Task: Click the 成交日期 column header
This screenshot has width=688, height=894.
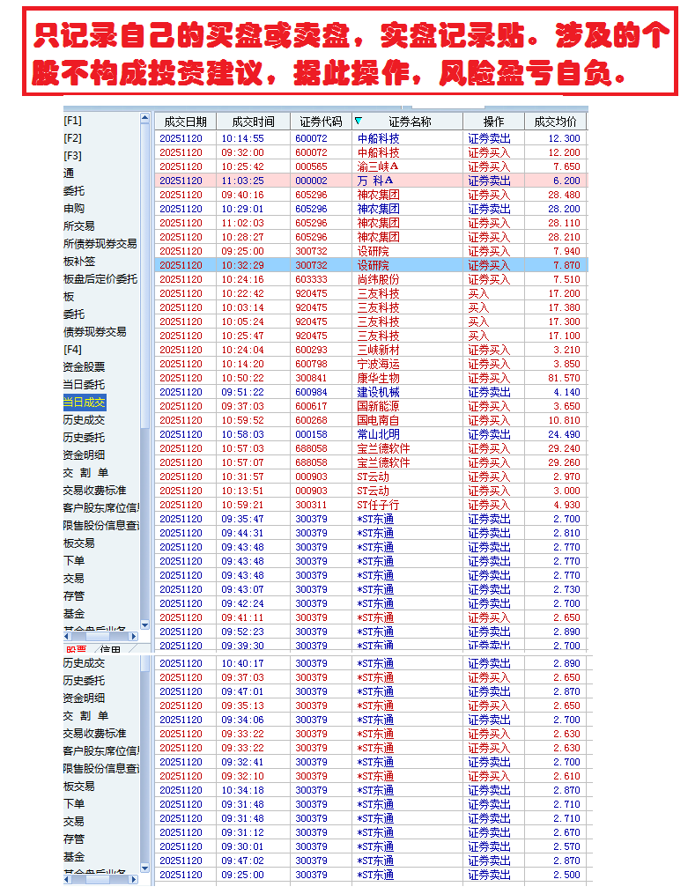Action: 185,122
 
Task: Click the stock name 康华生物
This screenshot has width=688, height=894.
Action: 378,378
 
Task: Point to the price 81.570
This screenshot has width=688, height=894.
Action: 564,378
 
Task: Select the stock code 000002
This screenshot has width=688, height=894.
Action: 311,181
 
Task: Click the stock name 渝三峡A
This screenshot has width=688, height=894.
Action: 378,166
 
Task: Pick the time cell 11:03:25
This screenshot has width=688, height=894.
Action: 242,181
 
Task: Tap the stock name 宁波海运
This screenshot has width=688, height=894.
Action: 378,364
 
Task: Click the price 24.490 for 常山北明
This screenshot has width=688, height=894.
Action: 564,434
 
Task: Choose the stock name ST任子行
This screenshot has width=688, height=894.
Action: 378,505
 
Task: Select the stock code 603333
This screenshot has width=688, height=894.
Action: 311,279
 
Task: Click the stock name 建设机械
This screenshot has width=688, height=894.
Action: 378,392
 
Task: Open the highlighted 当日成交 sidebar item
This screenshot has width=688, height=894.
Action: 84,403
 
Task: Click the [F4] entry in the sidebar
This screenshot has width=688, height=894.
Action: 72,350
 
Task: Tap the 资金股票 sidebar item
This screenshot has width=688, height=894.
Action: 84,367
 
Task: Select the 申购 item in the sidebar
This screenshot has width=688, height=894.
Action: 73,209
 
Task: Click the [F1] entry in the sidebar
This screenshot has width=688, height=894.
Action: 72,121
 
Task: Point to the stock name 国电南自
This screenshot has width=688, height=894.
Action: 378,420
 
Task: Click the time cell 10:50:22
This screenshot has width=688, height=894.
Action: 242,378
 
